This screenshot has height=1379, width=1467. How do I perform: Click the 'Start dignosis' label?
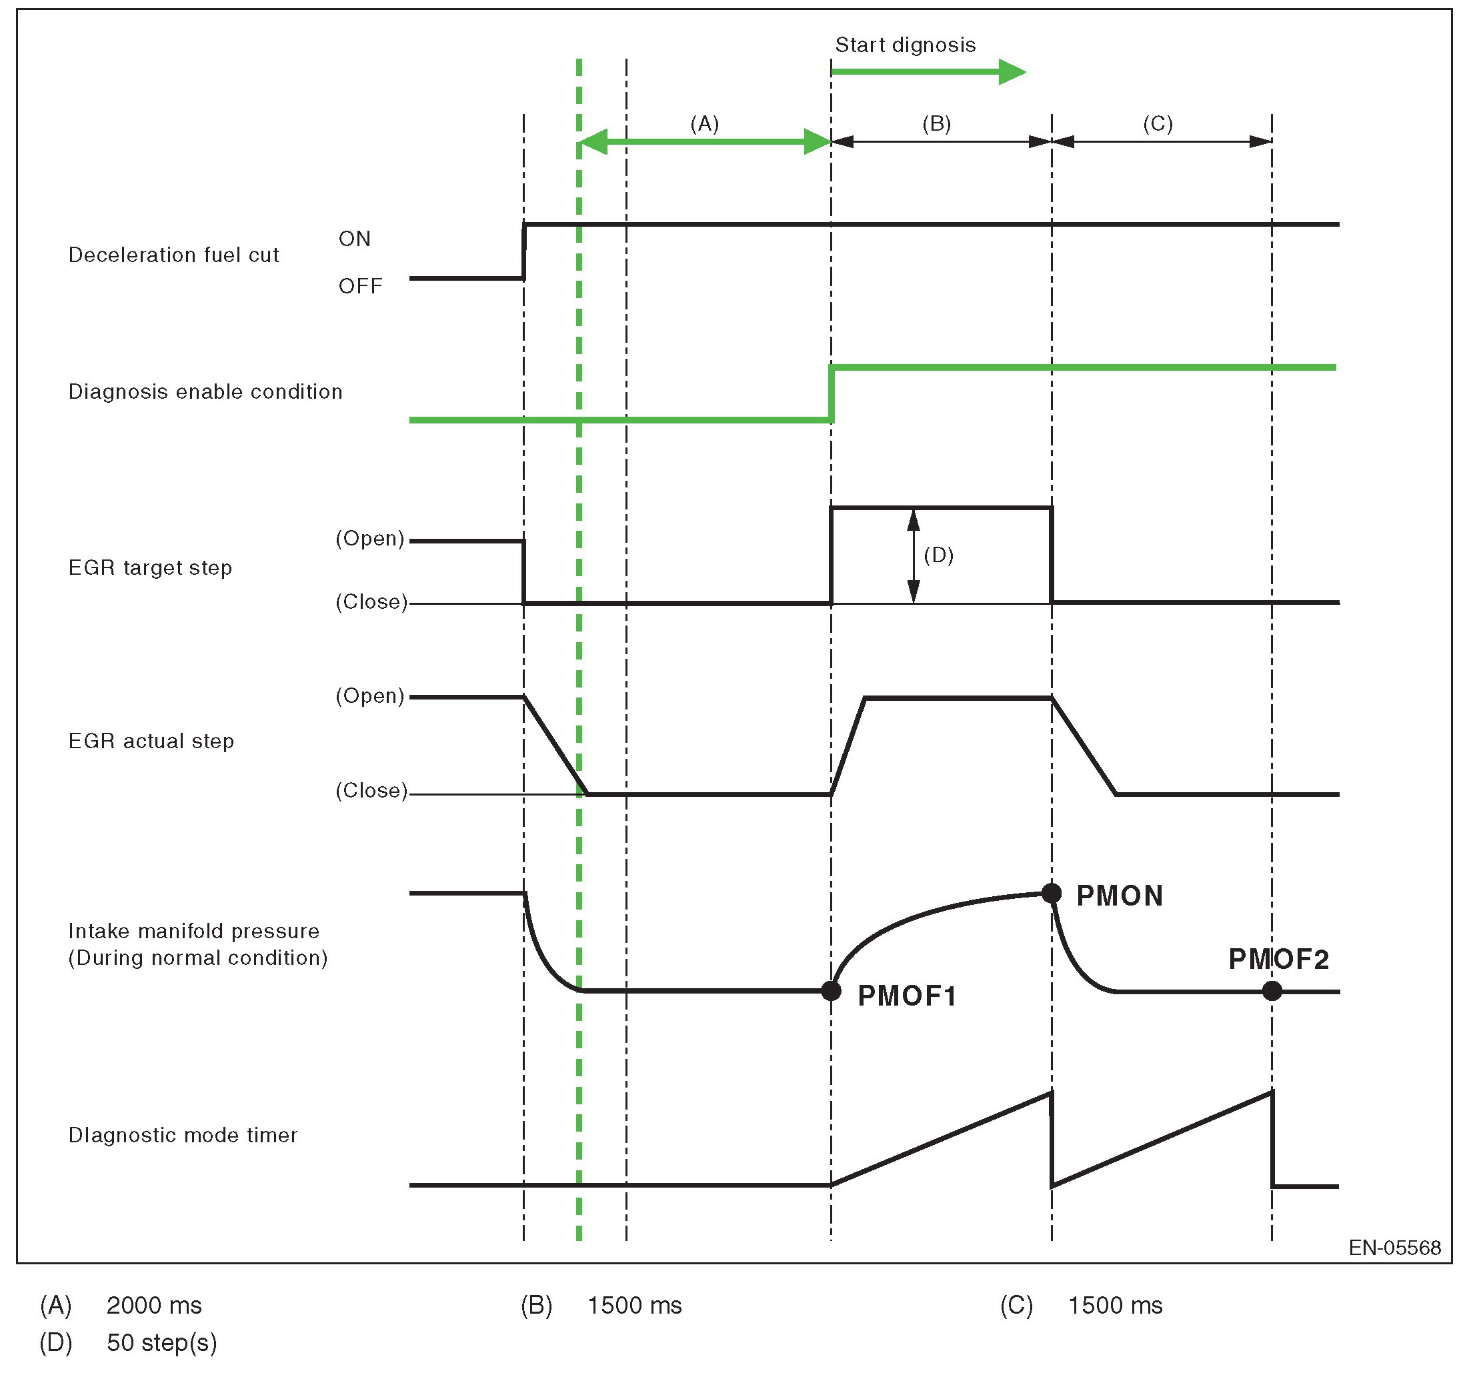[905, 45]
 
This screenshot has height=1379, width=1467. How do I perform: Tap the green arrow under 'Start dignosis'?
[928, 71]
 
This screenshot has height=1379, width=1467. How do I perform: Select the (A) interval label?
[704, 123]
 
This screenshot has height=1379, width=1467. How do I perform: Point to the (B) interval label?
[936, 123]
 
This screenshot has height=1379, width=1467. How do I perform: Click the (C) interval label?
[1157, 123]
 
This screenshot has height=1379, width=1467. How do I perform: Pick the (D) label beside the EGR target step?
[939, 555]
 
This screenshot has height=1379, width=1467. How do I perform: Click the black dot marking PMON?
[1051, 894]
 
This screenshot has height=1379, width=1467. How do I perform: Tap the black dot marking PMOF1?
[831, 991]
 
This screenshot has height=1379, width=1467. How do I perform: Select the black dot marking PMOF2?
[1272, 991]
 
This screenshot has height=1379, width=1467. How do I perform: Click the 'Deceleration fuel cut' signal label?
[173, 255]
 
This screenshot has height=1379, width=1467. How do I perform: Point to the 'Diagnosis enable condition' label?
[205, 392]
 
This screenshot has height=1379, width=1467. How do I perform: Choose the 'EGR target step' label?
[150, 568]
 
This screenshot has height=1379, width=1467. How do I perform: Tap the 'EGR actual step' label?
[151, 742]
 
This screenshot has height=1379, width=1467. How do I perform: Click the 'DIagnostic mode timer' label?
[182, 1135]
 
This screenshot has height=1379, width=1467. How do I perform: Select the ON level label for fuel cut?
[354, 239]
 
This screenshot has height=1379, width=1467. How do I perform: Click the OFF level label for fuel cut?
[360, 286]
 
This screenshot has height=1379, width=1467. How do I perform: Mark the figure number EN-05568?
[1394, 1248]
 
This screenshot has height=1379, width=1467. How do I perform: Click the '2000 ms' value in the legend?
[153, 1305]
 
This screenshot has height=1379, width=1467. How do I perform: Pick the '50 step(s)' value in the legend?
[161, 1342]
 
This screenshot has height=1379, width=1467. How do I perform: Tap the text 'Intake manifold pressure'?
[193, 931]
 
